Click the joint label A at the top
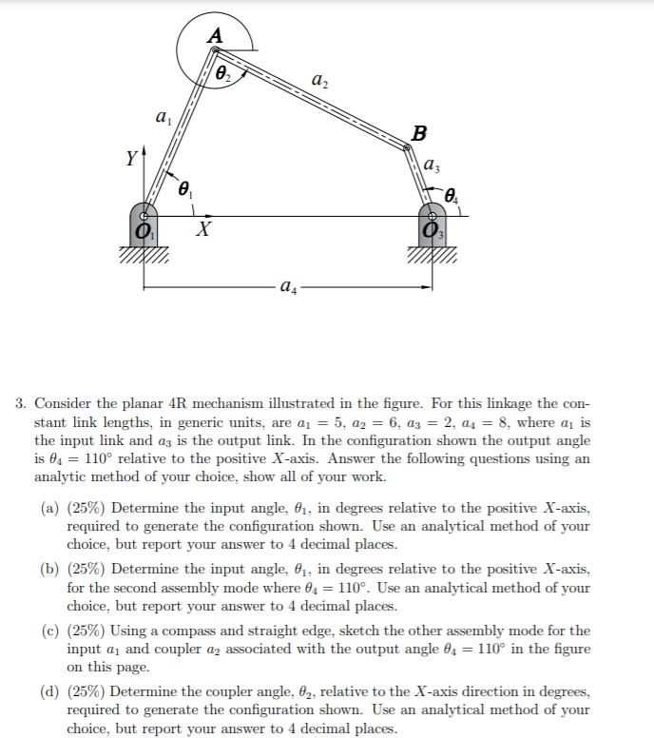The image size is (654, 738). pos(216,34)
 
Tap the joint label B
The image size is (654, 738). pos(418,131)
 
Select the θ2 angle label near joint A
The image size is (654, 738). pos(223,72)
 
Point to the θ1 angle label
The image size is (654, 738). pos(186,189)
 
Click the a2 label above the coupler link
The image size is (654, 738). pos(320,84)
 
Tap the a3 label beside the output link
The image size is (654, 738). pos(431,165)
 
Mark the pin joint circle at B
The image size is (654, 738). pos(406,146)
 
